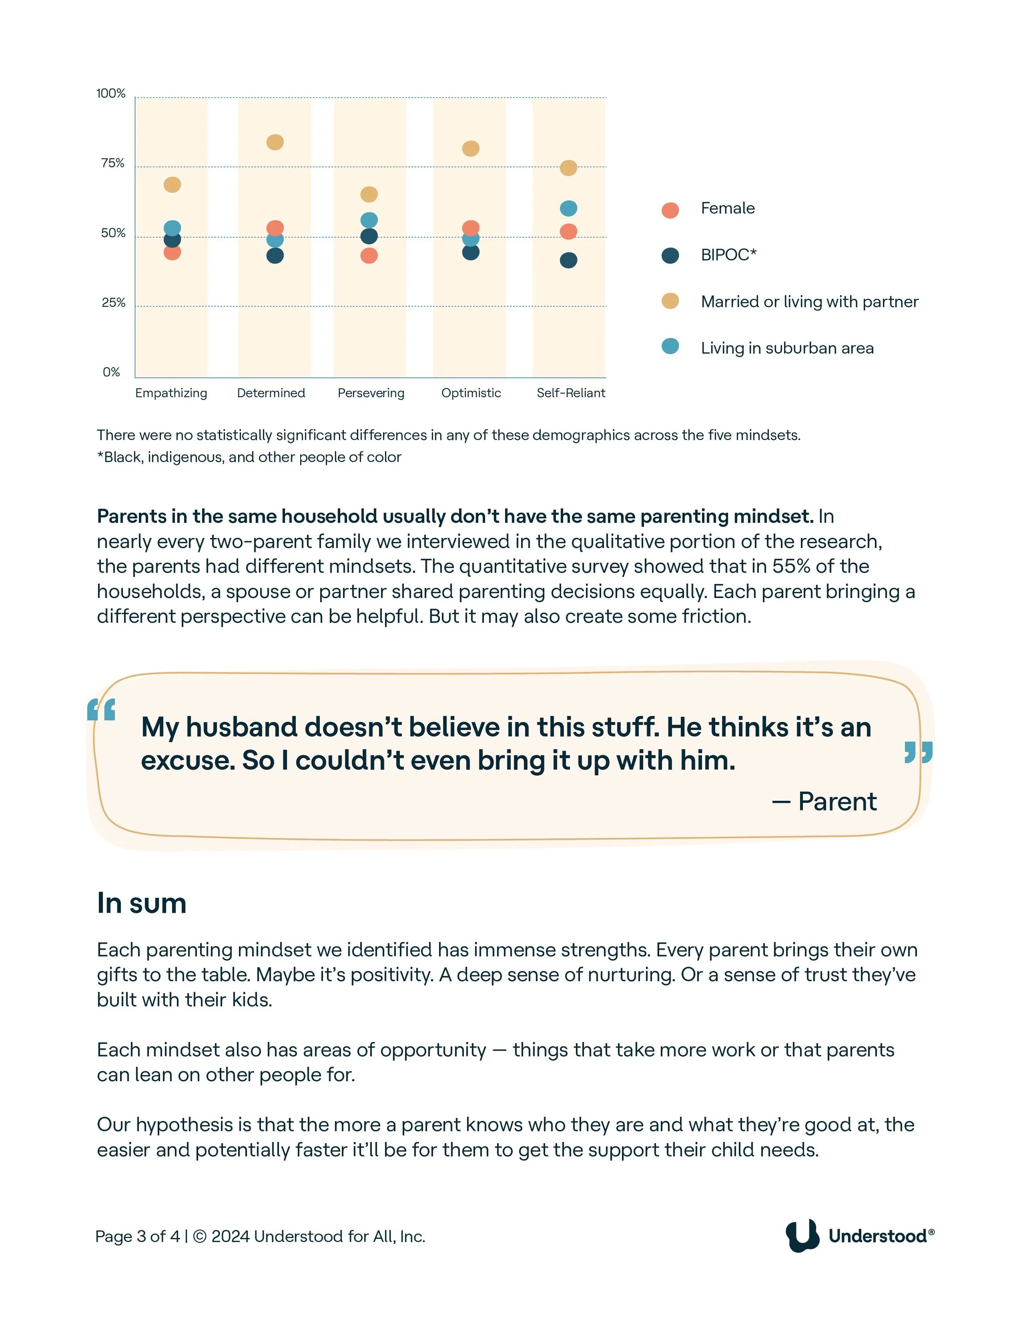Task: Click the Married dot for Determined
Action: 274,142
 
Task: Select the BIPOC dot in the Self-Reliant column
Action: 568,260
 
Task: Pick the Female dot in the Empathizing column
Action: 172,252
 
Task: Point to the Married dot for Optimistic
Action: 470,149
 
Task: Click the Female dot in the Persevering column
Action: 369,256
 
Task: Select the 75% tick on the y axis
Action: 112,163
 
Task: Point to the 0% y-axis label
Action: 111,372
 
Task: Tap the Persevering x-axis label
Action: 371,393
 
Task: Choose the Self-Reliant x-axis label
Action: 571,393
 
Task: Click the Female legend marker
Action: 670,210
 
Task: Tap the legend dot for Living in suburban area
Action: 670,346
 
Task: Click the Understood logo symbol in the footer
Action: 802,1236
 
